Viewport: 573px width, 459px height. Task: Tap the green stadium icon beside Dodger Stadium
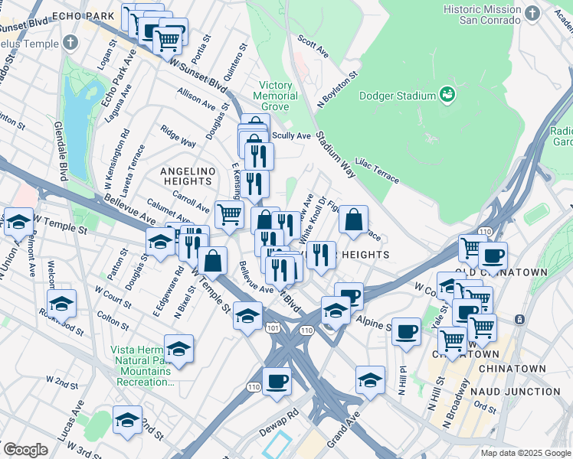pyautogui.click(x=447, y=95)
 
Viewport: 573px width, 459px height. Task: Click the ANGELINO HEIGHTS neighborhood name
pyautogui.click(x=187, y=175)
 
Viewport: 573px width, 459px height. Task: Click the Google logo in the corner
pyautogui.click(x=25, y=449)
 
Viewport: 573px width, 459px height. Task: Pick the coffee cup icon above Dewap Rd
pyautogui.click(x=277, y=381)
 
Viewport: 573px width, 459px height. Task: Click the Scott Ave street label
pyautogui.click(x=313, y=50)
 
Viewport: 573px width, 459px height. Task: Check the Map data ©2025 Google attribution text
pyautogui.click(x=525, y=452)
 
